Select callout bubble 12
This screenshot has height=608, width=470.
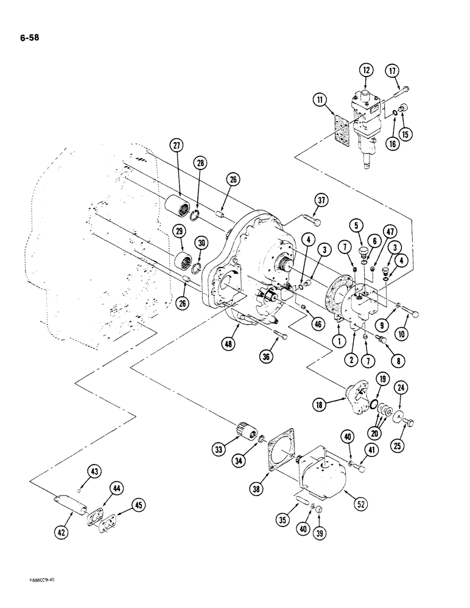click(x=367, y=71)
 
